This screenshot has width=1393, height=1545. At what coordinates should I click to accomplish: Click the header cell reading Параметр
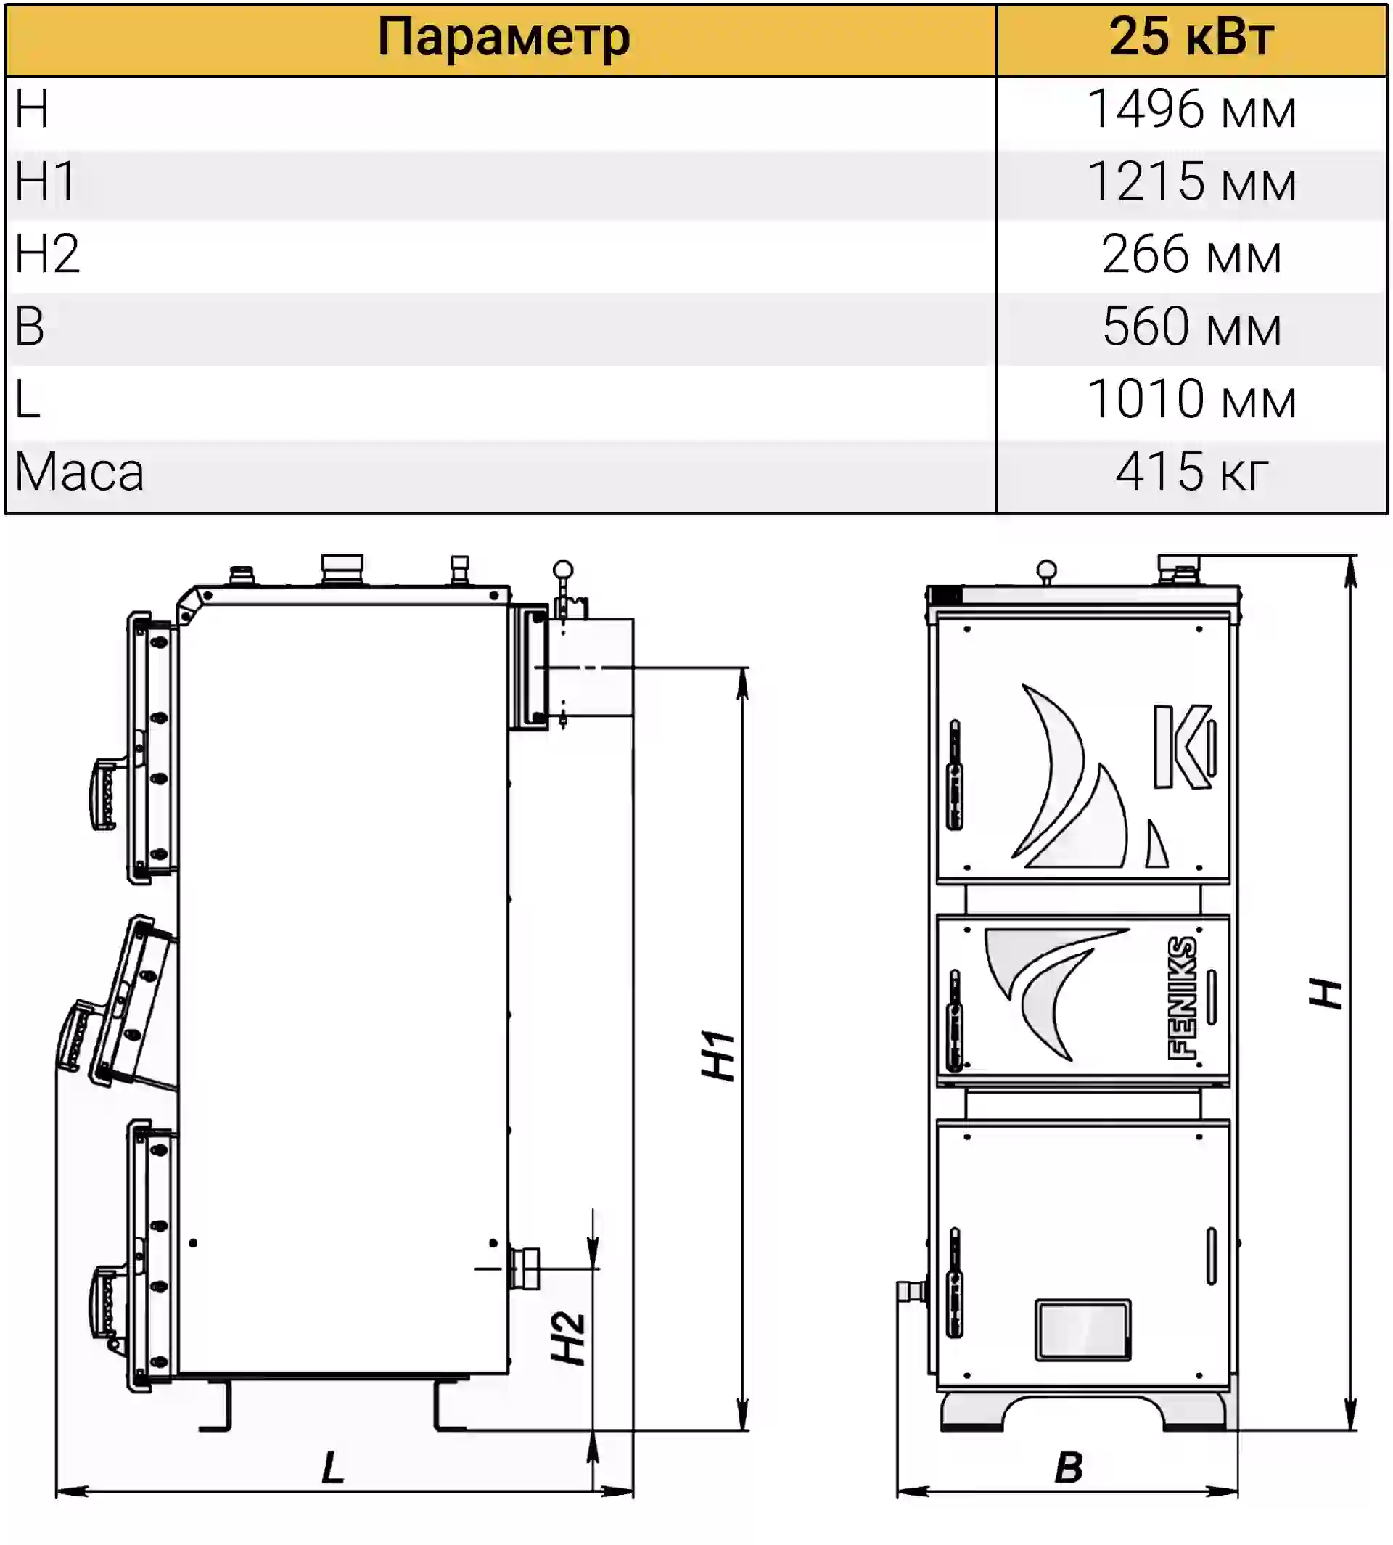click(504, 38)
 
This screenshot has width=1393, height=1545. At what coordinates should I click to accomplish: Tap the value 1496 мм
click(1192, 110)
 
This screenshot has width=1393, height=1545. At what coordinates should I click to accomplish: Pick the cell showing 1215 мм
click(1192, 182)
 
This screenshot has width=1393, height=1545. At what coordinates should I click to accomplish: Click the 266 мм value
click(1192, 254)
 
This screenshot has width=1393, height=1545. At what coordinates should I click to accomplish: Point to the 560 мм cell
click(1192, 327)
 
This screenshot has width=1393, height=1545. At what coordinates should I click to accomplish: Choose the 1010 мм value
click(1192, 399)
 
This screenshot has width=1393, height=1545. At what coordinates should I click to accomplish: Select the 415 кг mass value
click(1192, 471)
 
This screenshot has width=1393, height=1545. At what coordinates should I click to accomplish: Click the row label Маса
click(79, 472)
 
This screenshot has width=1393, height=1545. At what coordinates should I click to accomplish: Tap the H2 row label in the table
click(46, 253)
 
